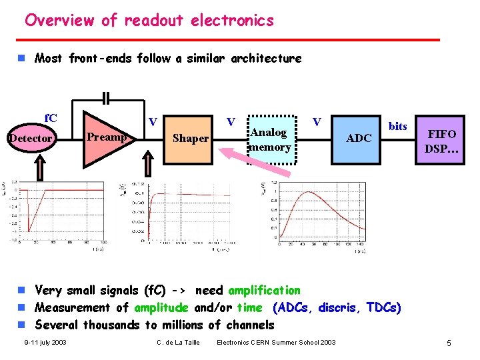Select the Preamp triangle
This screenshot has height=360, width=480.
pyautogui.click(x=107, y=137)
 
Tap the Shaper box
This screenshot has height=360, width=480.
pyautogui.click(x=191, y=139)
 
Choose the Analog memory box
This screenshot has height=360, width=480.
pyautogui.click(x=271, y=139)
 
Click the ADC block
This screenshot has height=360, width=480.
pyautogui.click(x=359, y=138)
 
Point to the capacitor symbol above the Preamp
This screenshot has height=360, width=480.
pyautogui.click(x=107, y=99)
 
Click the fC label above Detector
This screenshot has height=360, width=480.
pyautogui.click(x=50, y=119)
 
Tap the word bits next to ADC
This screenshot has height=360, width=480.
pyautogui.click(x=397, y=126)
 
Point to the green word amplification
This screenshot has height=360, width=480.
pyautogui.click(x=264, y=290)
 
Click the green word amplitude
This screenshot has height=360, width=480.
pyautogui.click(x=161, y=307)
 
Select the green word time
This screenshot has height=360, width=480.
pyautogui.click(x=249, y=307)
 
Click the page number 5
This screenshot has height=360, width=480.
pyautogui.click(x=449, y=343)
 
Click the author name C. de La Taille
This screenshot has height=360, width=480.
pyautogui.click(x=176, y=343)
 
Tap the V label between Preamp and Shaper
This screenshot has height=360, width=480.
pyautogui.click(x=153, y=122)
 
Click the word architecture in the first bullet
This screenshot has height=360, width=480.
pyautogui.click(x=265, y=58)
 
